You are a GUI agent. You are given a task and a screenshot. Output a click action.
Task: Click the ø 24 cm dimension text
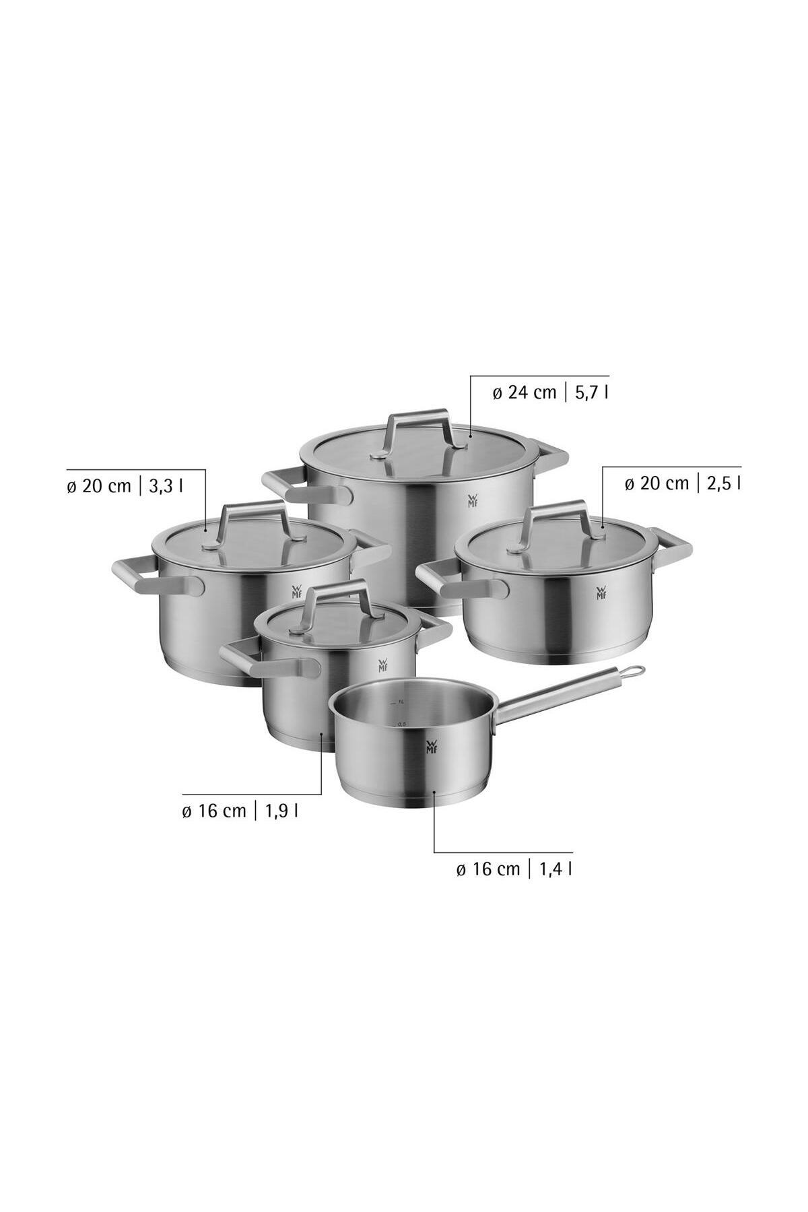(x=525, y=393)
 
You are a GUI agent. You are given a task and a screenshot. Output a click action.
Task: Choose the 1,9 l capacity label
(x=282, y=811)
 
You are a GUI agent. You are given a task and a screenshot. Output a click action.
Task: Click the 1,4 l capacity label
(x=555, y=869)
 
